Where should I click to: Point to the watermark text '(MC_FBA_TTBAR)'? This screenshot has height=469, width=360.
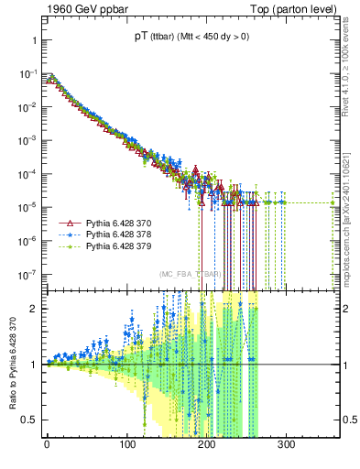pos(191,274)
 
